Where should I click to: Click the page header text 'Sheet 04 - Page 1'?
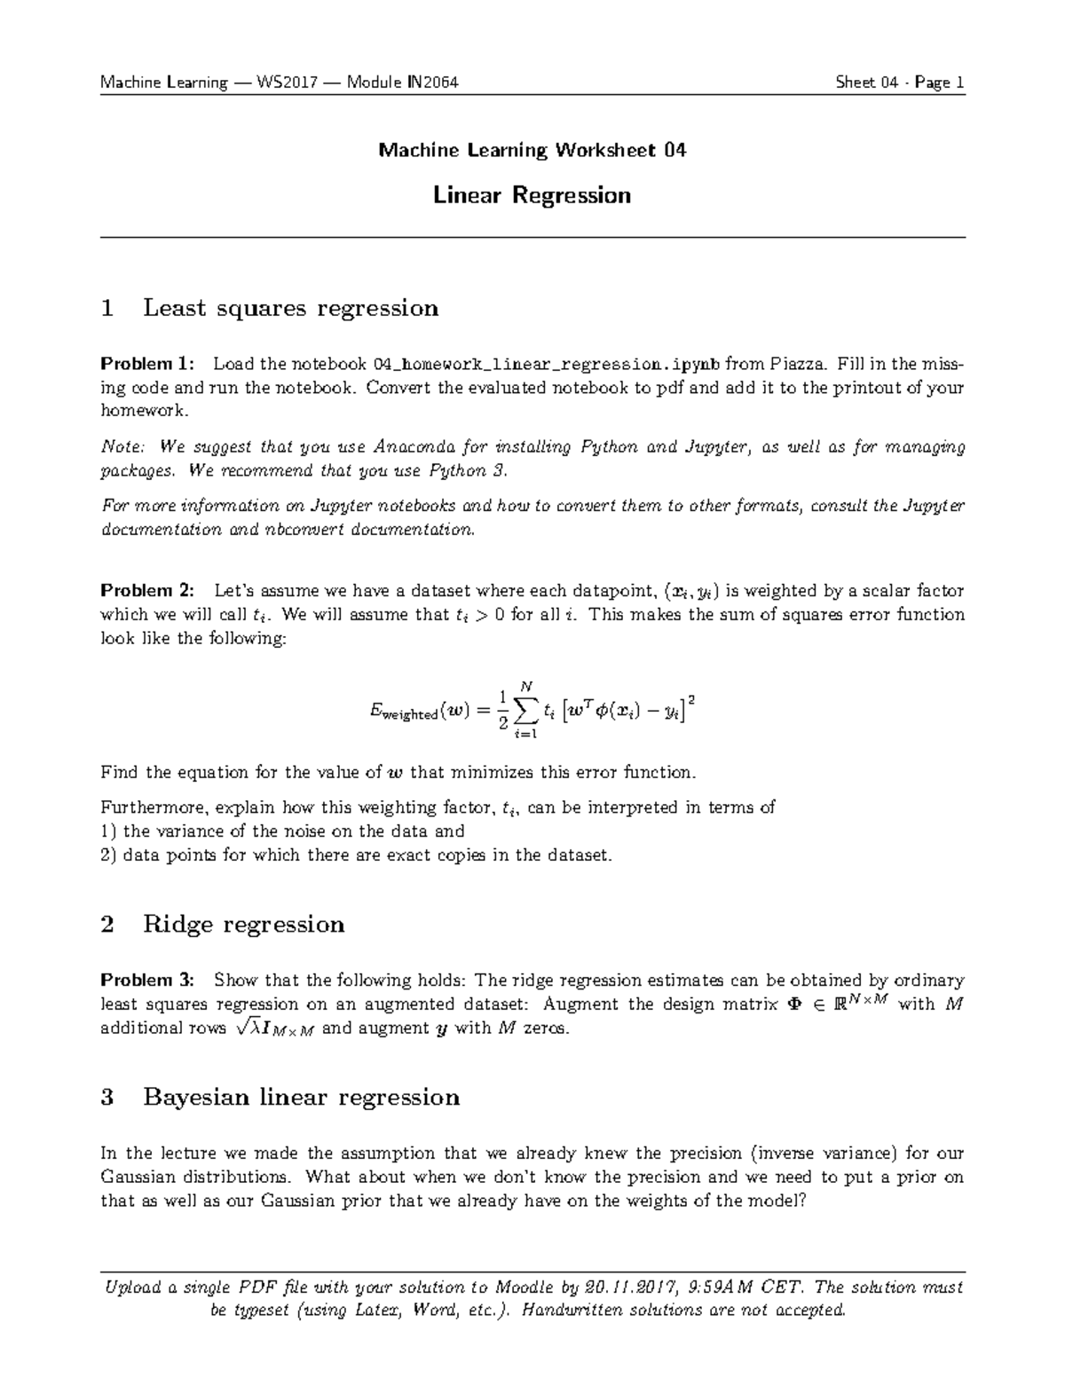899,83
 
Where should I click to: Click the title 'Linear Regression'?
532,195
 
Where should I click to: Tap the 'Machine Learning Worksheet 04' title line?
532,150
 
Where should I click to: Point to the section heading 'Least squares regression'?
290,308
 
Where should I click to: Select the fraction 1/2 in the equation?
502,710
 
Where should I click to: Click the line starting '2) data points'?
356,855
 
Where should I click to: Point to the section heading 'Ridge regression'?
243,925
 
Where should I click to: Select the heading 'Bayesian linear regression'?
301,1098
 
